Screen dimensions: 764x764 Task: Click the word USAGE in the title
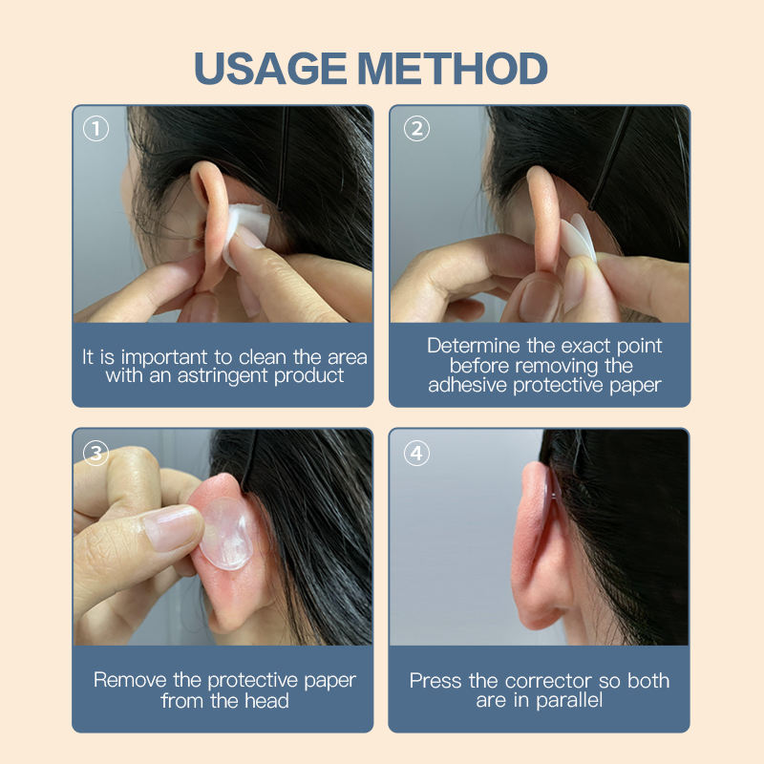(270, 68)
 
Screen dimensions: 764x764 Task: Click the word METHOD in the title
(453, 68)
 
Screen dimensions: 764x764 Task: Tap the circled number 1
(95, 129)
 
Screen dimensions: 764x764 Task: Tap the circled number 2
(416, 129)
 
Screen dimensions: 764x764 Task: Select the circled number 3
(95, 453)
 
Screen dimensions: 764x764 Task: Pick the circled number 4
(416, 453)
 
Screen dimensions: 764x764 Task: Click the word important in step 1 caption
(164, 357)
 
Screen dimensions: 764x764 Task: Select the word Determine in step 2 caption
(474, 346)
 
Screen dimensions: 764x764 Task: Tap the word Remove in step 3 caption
(130, 680)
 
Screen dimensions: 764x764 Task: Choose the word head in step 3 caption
(266, 701)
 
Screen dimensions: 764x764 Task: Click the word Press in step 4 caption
(435, 681)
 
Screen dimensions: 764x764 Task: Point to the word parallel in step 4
(569, 701)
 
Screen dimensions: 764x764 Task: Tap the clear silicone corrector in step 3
(227, 533)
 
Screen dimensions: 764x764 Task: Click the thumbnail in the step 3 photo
(172, 527)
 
